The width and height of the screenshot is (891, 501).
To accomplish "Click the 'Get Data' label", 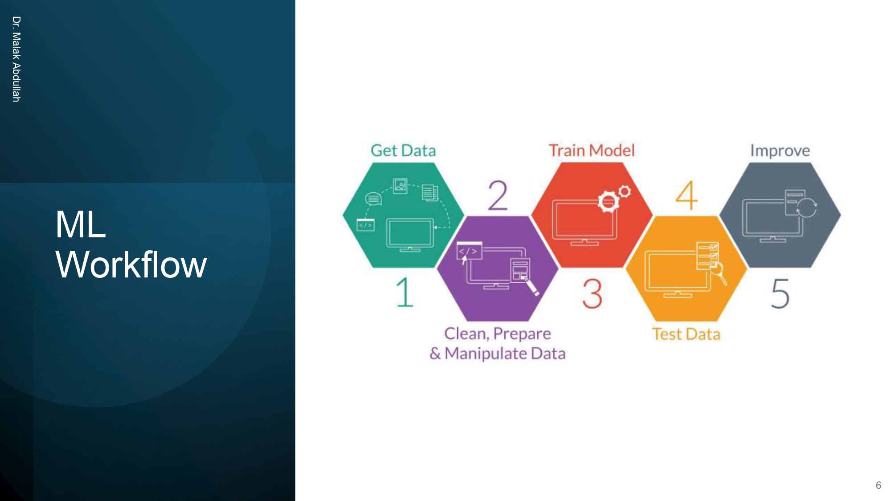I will [403, 151].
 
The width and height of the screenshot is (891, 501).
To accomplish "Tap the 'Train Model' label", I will [591, 151].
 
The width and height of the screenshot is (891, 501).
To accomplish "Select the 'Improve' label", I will [780, 151].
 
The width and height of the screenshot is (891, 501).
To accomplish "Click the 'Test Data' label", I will [686, 334].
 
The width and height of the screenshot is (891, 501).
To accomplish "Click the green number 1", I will [405, 293].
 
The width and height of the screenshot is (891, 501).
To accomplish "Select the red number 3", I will [593, 293].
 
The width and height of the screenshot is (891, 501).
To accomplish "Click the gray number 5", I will [781, 293].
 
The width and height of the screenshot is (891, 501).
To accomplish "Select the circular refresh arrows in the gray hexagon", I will [807, 208].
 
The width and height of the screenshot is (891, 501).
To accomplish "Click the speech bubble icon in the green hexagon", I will [373, 199].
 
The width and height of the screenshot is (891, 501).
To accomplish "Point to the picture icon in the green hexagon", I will [400, 186].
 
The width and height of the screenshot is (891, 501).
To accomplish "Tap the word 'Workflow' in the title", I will [131, 265].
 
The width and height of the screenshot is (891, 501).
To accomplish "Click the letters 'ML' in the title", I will [81, 224].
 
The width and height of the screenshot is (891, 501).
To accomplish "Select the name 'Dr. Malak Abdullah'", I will [16, 59].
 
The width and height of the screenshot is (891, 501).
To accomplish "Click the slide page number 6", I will [878, 485].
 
